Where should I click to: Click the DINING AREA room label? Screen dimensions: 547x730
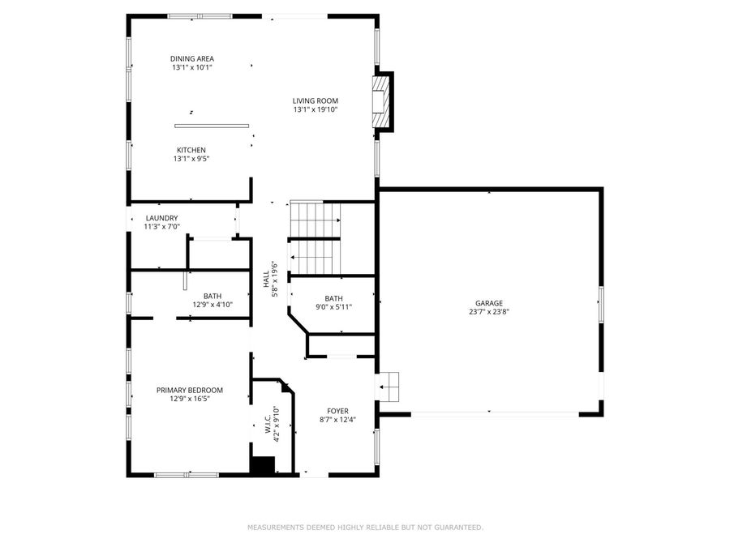[x=192, y=58]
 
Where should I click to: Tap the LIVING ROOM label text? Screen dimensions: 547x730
[x=316, y=100]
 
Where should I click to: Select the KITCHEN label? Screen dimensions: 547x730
[x=191, y=150]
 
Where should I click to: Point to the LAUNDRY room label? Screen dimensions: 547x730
[x=161, y=218]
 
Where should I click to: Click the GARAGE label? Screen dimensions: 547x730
[x=489, y=302]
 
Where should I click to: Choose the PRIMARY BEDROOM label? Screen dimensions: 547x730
[x=189, y=390]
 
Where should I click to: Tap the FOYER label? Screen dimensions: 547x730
[x=337, y=411]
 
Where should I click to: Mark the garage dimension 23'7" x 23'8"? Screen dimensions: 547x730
[x=489, y=311]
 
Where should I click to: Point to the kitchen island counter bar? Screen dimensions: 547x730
[x=212, y=126]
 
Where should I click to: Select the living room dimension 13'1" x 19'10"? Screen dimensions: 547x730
[x=316, y=109]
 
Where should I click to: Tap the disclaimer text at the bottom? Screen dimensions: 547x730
[x=365, y=528]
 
